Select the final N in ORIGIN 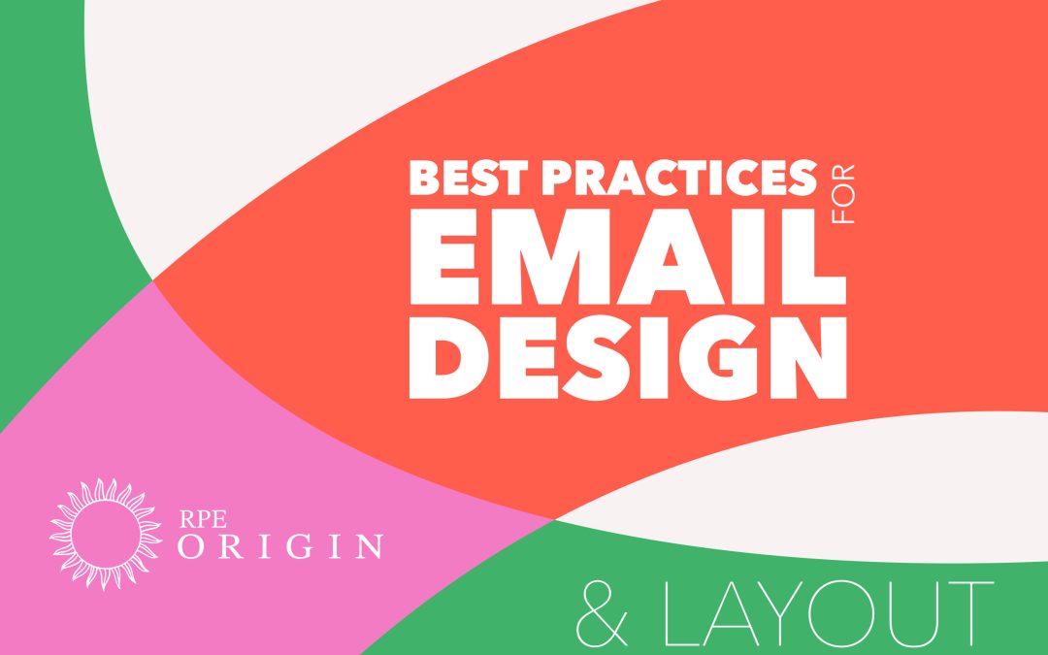click(x=367, y=546)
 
